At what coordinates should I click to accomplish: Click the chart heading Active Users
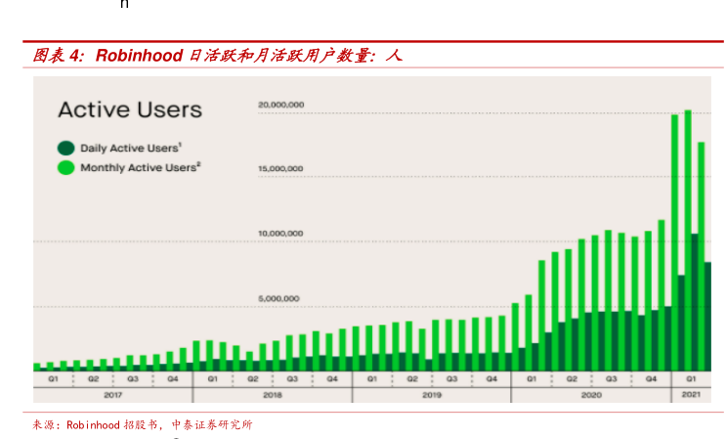pos(130,110)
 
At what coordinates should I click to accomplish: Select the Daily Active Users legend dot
pos(65,149)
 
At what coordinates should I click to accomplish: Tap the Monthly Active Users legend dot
pos(65,168)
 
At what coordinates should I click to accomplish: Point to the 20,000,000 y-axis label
pos(280,105)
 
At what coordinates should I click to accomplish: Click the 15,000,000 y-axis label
pos(280,169)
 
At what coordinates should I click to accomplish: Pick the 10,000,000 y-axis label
pos(280,234)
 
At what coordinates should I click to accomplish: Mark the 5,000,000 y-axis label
pos(280,298)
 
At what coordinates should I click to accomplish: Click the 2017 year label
pos(112,394)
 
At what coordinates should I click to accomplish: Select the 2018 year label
pos(272,394)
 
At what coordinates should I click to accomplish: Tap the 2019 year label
pos(431,394)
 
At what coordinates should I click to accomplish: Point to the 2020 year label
pos(590,394)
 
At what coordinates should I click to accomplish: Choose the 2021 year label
pos(690,394)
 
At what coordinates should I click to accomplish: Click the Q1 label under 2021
pos(690,378)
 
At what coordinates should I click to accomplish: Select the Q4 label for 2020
pos(650,378)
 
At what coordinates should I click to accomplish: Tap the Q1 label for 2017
pos(53,378)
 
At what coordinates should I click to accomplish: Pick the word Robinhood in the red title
pos(139,56)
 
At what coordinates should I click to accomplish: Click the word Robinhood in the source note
pos(93,425)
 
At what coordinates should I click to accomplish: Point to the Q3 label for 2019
pos(451,378)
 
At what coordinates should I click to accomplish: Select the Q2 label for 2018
pos(252,378)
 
